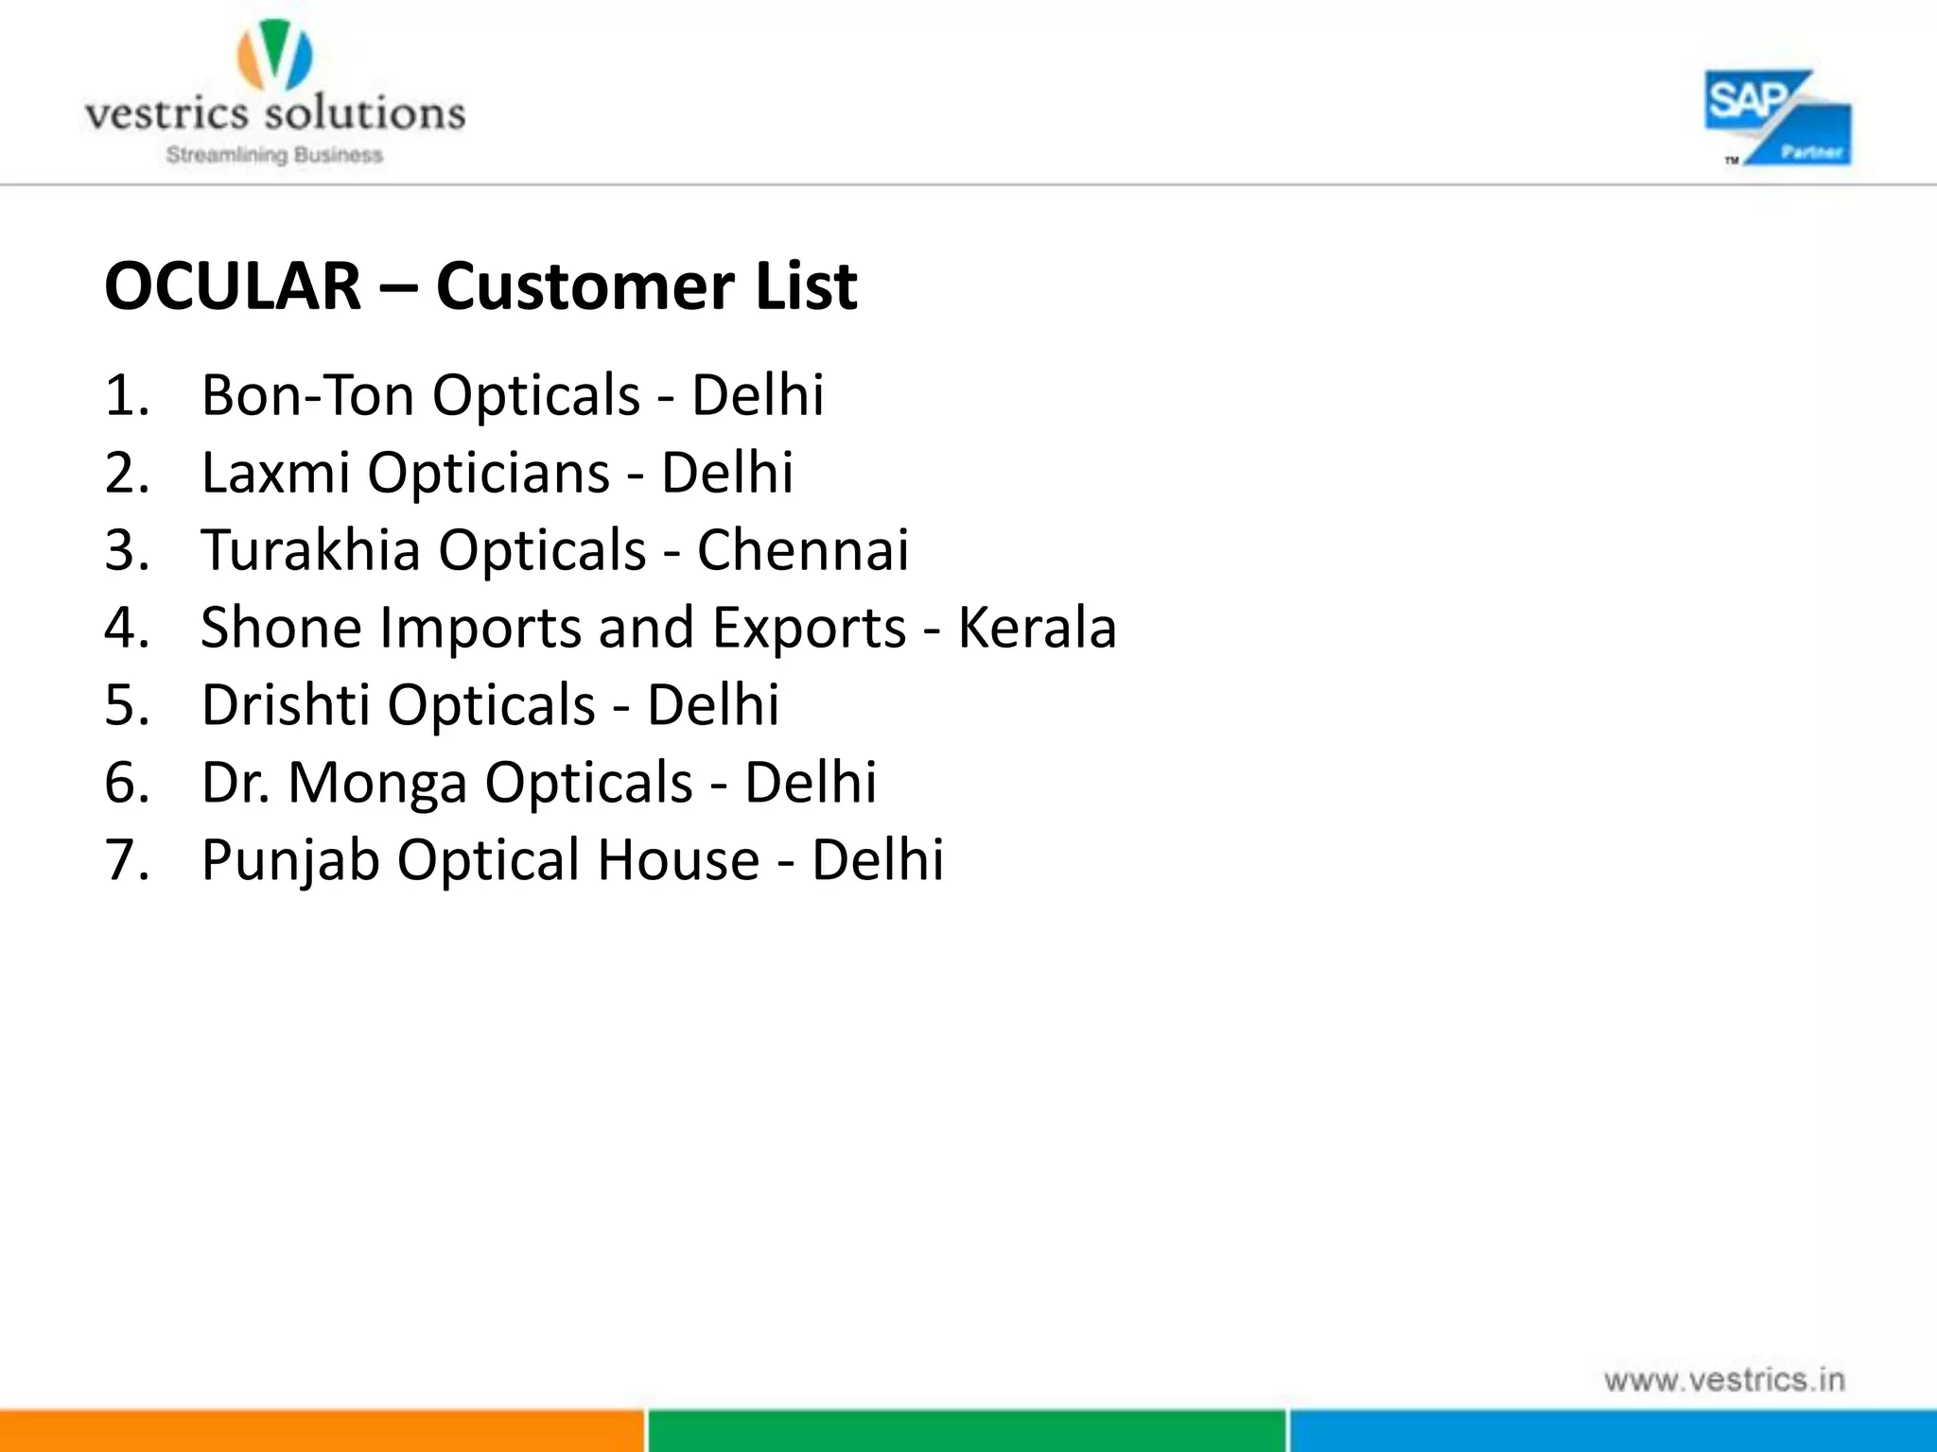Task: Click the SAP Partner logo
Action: tap(1777, 118)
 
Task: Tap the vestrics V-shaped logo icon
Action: tap(274, 56)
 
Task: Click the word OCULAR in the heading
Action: tap(233, 285)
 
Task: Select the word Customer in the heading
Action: tap(585, 285)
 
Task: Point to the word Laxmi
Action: tap(275, 472)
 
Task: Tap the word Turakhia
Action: tap(310, 549)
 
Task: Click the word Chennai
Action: tap(803, 549)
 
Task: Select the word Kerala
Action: tap(1037, 627)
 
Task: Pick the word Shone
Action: tap(281, 627)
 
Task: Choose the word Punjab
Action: tap(290, 860)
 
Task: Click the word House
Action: tap(678, 859)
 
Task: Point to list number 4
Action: tap(127, 628)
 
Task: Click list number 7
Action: tap(127, 860)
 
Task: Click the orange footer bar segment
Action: tap(322, 1430)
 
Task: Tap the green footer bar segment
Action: tap(967, 1430)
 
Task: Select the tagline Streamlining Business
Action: tap(274, 155)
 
